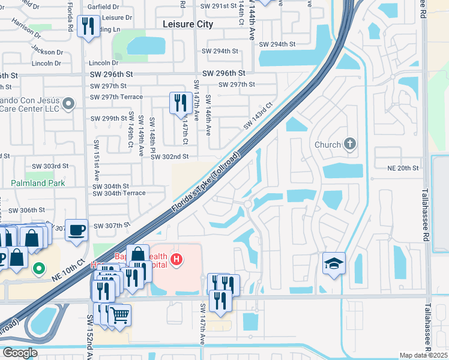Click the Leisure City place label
[x=188, y=25]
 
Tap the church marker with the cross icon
[x=351, y=144]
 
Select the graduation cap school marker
[x=334, y=264]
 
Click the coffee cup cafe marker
[x=77, y=230]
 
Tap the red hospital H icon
[x=176, y=260]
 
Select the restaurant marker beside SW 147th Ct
[x=180, y=103]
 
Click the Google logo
[x=20, y=353]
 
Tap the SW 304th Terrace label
[x=119, y=193]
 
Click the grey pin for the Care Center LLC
[x=68, y=104]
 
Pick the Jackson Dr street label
[x=47, y=51]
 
